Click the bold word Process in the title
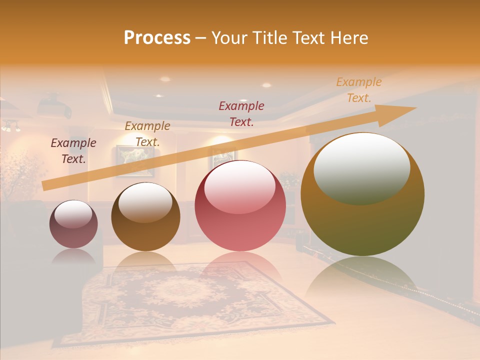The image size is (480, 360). (157, 37)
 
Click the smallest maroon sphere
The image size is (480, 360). (73, 224)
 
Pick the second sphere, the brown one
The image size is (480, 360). (145, 216)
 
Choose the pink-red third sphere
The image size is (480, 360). (240, 205)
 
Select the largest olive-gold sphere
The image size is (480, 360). (362, 194)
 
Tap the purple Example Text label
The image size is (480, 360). (73, 151)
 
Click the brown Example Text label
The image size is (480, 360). (147, 134)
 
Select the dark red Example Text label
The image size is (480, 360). (241, 113)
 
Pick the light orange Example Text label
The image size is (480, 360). (359, 90)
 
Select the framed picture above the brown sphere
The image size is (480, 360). (135, 161)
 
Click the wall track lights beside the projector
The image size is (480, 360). (10, 126)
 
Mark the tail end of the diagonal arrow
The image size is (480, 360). (44, 186)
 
